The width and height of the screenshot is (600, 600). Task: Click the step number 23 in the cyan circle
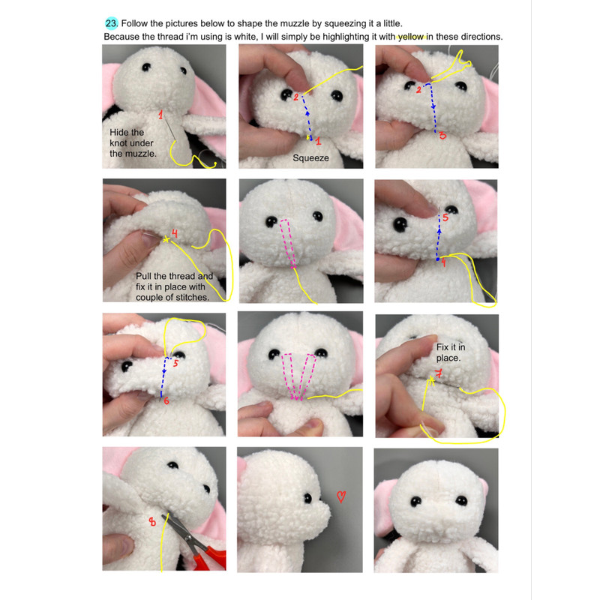pyautogui.click(x=111, y=23)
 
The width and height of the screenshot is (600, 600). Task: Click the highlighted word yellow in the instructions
pyautogui.click(x=411, y=37)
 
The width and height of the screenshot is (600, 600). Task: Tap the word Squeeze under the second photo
pyautogui.click(x=310, y=158)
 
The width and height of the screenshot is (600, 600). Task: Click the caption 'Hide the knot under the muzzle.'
pyautogui.click(x=133, y=143)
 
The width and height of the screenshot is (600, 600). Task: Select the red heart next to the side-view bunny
pyautogui.click(x=341, y=496)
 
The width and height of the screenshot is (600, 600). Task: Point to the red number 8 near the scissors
pyautogui.click(x=152, y=521)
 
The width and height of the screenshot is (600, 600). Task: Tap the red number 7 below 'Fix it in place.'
pyautogui.click(x=439, y=373)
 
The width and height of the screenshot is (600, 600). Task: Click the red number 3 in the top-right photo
pyautogui.click(x=442, y=136)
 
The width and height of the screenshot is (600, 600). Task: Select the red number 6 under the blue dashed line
pyautogui.click(x=166, y=400)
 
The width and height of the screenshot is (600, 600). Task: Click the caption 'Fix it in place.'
pyautogui.click(x=451, y=352)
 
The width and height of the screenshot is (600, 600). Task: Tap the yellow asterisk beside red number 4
pyautogui.click(x=166, y=240)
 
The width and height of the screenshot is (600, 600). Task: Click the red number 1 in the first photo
pyautogui.click(x=160, y=115)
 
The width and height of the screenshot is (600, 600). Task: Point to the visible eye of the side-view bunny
pyautogui.click(x=307, y=498)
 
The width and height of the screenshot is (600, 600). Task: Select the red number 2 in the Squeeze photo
pyautogui.click(x=295, y=97)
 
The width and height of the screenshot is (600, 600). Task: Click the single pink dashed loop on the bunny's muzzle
pyautogui.click(x=289, y=244)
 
